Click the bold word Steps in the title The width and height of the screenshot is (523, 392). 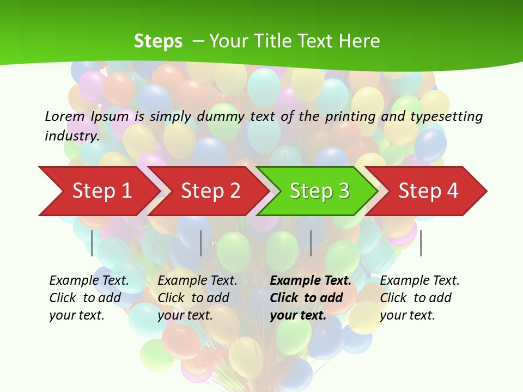point(158,41)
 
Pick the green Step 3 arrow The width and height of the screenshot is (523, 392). point(319,191)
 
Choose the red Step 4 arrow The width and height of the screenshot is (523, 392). point(428,191)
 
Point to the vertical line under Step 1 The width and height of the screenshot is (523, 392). point(92,243)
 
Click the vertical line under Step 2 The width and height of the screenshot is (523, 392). point(201,243)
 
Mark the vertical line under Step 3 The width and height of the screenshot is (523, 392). point(311,243)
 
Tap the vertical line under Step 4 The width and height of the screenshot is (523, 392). point(421,243)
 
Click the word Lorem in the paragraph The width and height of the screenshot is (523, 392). point(65,117)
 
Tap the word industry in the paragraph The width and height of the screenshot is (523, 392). point(71,136)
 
